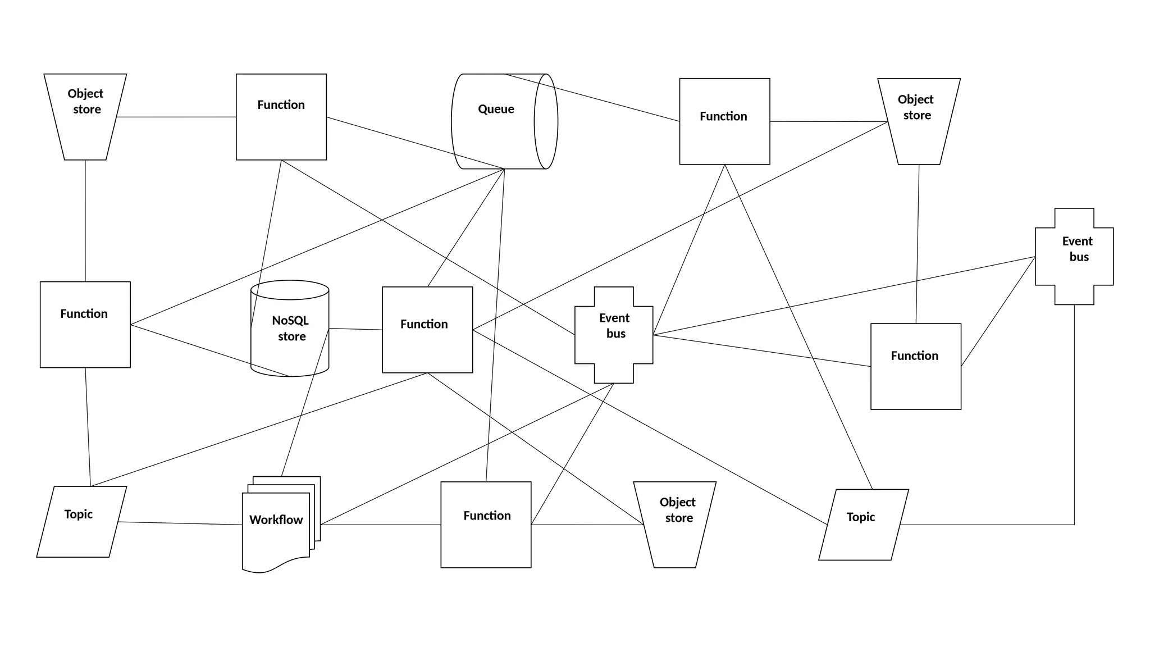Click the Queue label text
click(x=496, y=109)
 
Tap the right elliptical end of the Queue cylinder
click(x=546, y=121)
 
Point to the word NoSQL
click(x=290, y=321)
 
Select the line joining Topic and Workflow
click(x=180, y=523)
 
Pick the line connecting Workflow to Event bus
click(x=466, y=454)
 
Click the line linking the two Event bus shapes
click(x=842, y=296)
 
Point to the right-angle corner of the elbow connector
click(x=1074, y=525)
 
